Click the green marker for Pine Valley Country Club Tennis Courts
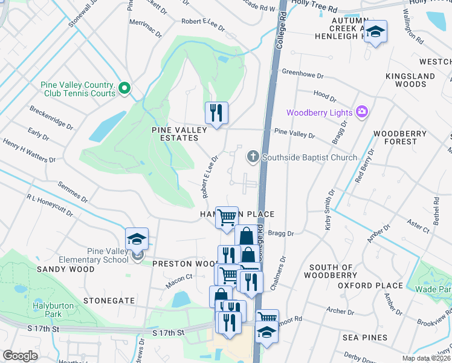(125, 89)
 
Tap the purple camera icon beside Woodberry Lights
(362, 111)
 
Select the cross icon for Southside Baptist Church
(253, 157)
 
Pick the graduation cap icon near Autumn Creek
(375, 32)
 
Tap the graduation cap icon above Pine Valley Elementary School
(137, 239)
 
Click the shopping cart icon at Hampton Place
(227, 218)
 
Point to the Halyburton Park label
(54, 310)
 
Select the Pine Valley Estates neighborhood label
(179, 134)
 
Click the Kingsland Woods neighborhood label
(410, 80)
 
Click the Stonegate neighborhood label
(109, 299)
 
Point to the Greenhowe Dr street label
(303, 76)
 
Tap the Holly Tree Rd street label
(314, 3)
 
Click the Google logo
(20, 356)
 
